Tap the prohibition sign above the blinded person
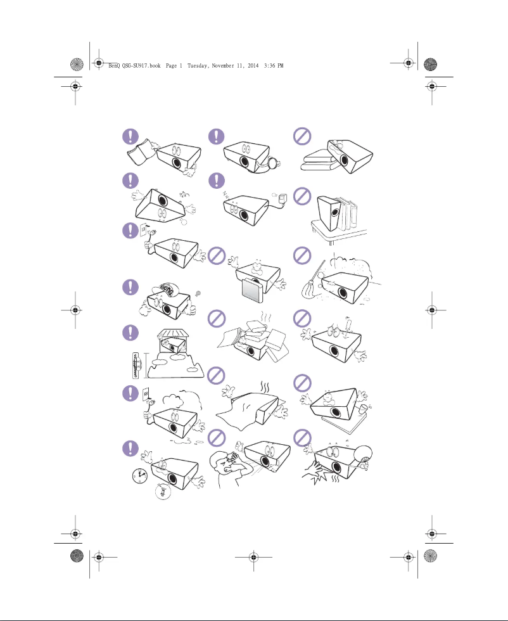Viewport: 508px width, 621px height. pos(218,438)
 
